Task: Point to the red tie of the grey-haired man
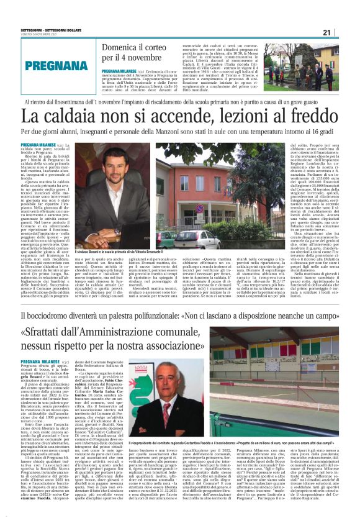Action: pos(166,410)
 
